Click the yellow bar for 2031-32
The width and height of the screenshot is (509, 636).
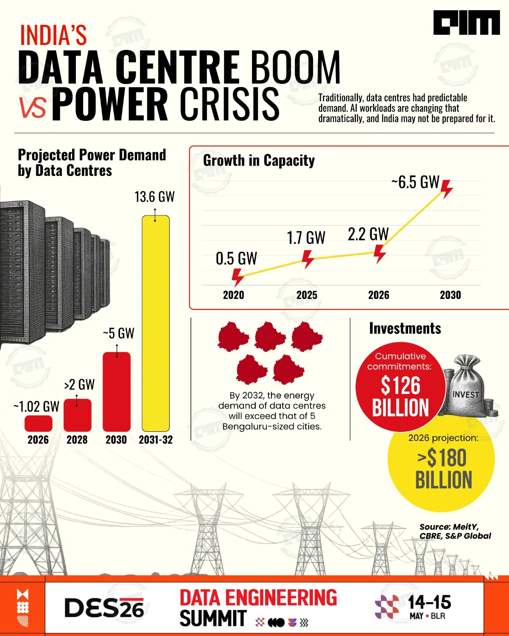coord(156,323)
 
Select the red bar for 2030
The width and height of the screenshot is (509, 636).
coord(117,392)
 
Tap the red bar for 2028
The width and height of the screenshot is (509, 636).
coord(78,415)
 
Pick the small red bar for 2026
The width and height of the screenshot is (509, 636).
coord(39,423)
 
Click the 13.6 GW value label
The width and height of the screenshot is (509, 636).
coord(154,197)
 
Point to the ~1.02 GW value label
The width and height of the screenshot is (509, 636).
coord(36,407)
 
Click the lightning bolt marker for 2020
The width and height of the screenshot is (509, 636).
coord(237,277)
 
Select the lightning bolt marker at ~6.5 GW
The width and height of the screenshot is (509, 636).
coord(446,189)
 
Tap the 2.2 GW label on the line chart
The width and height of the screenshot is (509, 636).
coord(368,234)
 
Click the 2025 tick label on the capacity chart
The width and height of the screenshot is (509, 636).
coord(307,295)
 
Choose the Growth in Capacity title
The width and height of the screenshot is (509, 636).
coord(259,161)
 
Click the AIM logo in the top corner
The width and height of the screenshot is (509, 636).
coord(467,22)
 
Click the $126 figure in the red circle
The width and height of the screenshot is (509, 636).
coord(400,386)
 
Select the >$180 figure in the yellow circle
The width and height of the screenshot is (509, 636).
coord(442,458)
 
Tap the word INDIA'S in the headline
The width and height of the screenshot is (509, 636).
coord(53,35)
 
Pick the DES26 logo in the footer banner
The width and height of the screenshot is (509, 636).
coord(104,608)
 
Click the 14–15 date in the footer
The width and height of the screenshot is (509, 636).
coord(429,602)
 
